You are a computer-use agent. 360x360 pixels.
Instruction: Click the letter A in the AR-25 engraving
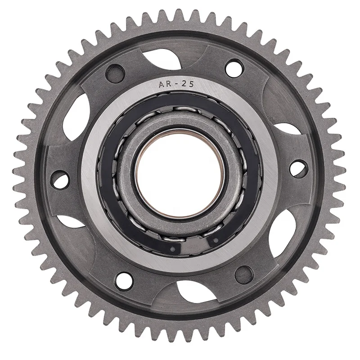tap(160, 84)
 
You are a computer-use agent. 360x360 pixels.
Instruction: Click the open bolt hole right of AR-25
tap(234, 68)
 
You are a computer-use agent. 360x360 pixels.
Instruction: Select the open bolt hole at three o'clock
tap(297, 168)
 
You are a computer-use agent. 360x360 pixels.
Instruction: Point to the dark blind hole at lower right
tap(244, 273)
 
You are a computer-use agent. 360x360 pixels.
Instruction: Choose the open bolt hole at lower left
tap(124, 280)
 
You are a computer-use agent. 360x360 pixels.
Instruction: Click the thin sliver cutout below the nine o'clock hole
tap(70, 220)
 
